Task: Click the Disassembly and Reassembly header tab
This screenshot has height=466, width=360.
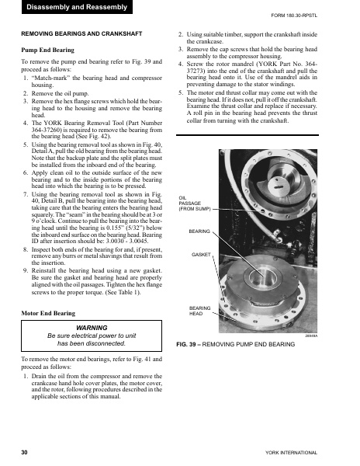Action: click(x=54, y=9)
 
